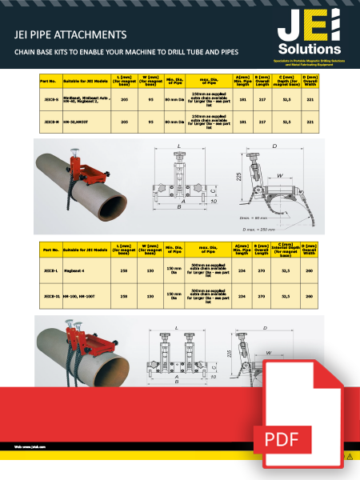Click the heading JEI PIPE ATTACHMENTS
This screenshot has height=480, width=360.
tap(71, 35)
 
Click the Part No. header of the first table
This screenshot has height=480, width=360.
tap(49, 80)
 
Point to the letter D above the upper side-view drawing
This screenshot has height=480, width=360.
tap(274, 146)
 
